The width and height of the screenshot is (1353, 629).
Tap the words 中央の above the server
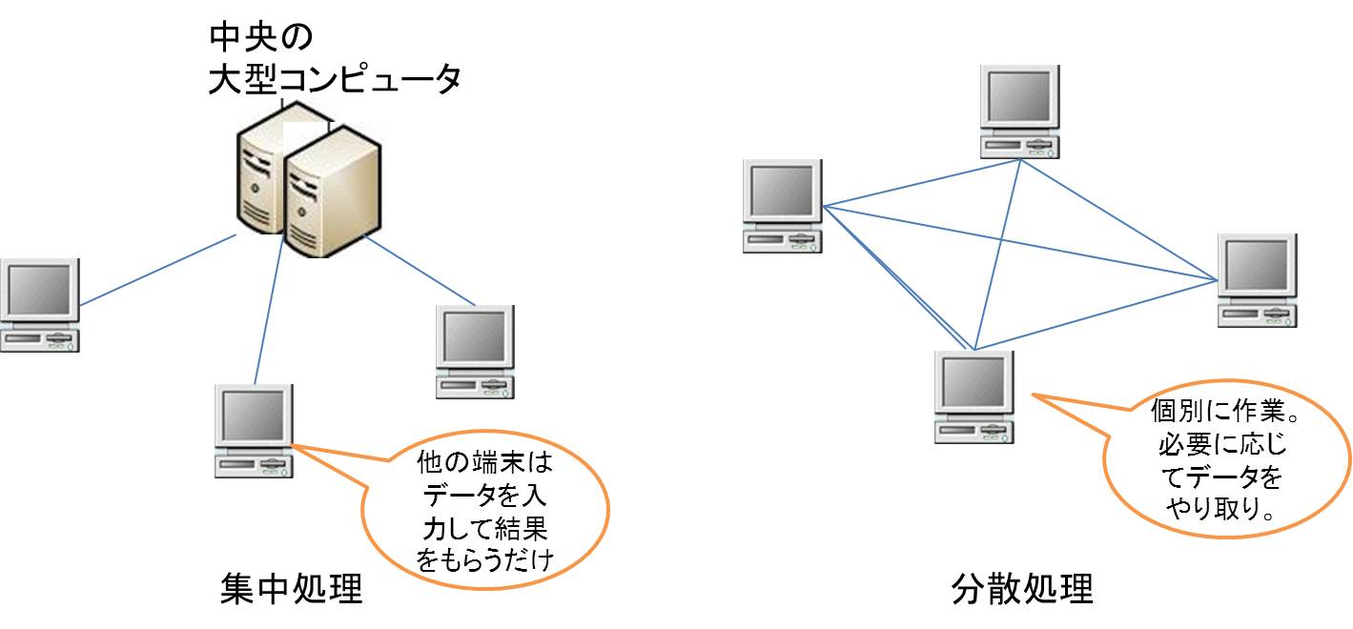pyautogui.click(x=261, y=39)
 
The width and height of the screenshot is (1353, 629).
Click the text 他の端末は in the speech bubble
pyautogui.click(x=485, y=464)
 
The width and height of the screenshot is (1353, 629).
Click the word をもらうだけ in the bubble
pyautogui.click(x=485, y=559)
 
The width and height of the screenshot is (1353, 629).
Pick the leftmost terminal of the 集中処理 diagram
pyautogui.click(x=39, y=304)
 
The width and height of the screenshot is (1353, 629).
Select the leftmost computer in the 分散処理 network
pyautogui.click(x=782, y=206)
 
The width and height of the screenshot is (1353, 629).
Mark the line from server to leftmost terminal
pyautogui.click(x=157, y=270)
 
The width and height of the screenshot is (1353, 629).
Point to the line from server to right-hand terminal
pyautogui.click(x=419, y=269)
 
